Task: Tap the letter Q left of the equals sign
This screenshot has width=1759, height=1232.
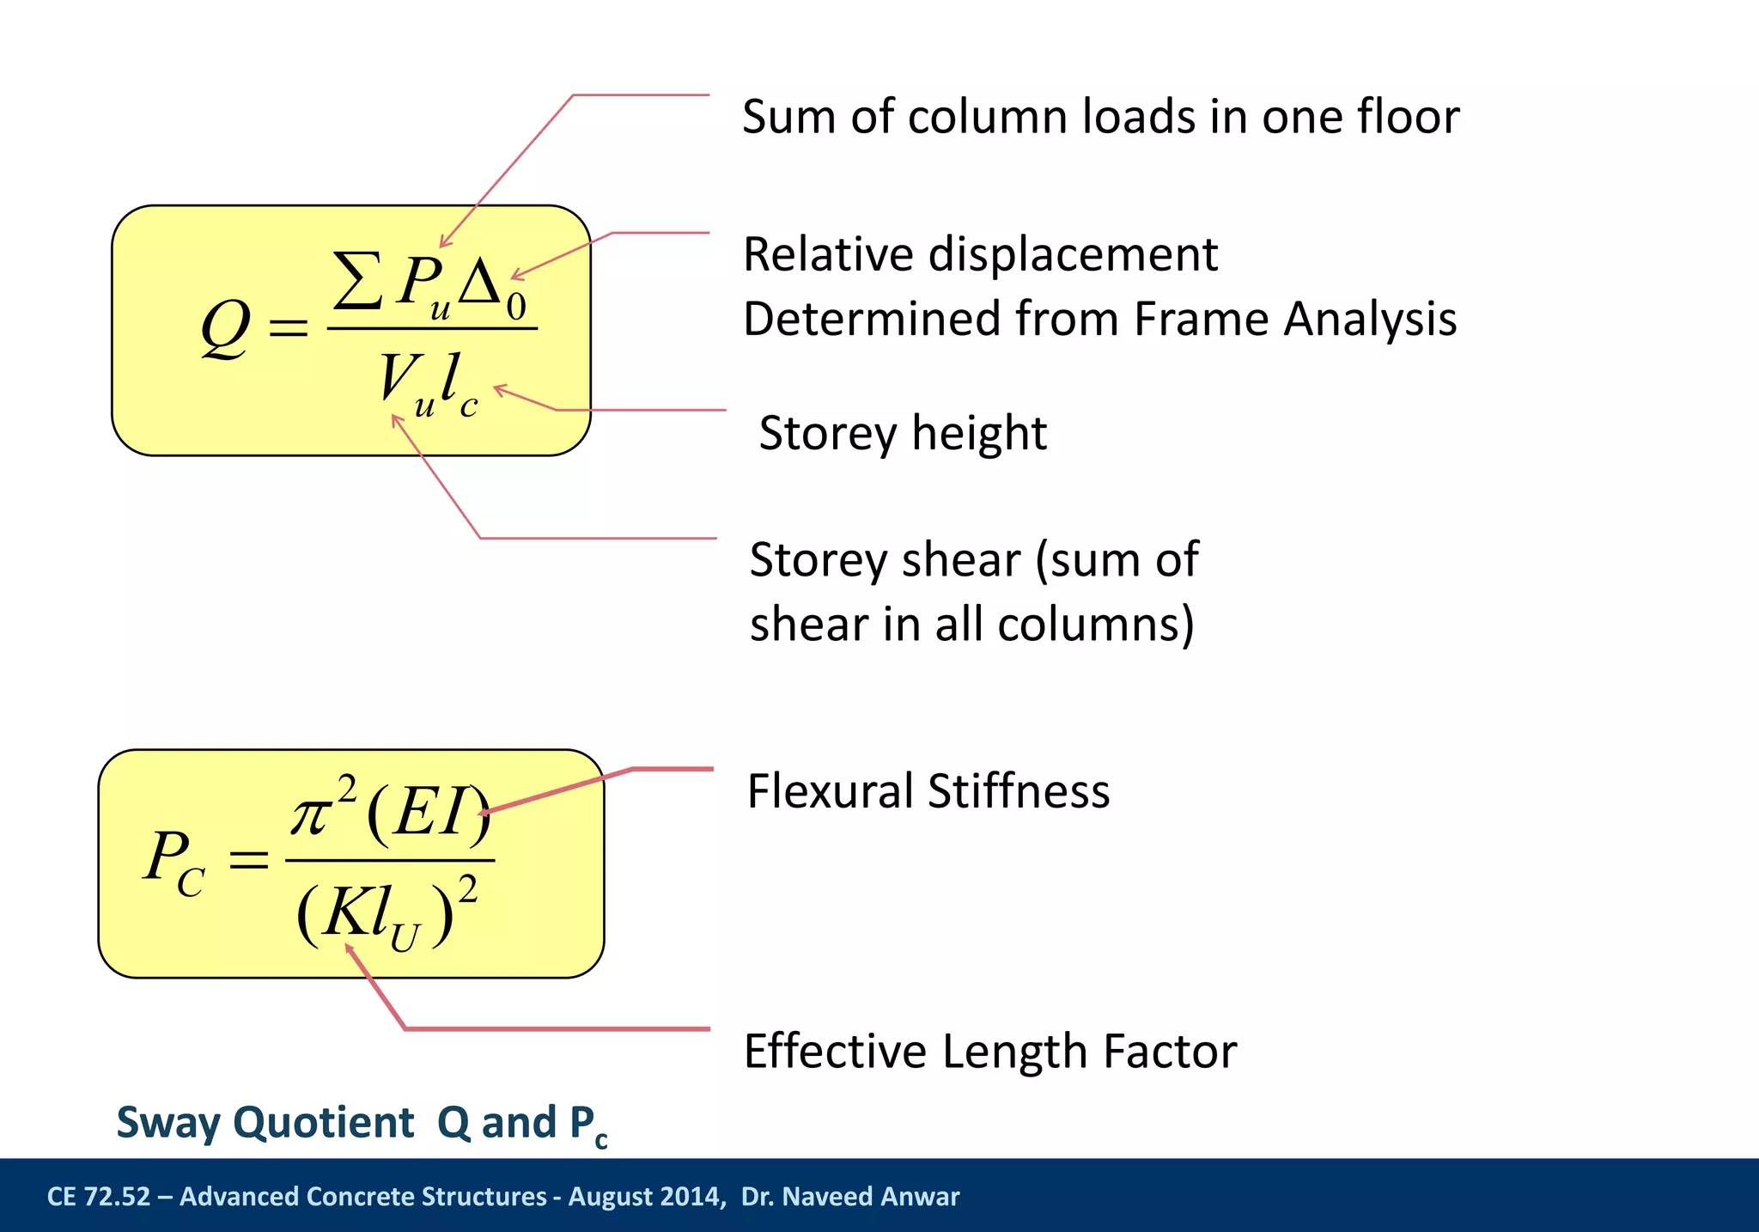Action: click(226, 329)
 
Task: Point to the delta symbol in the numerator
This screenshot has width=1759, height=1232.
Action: click(481, 283)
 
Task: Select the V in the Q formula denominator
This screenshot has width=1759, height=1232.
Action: click(395, 378)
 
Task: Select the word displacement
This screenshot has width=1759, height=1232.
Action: click(1073, 255)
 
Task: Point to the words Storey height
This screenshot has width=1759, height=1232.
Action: click(903, 433)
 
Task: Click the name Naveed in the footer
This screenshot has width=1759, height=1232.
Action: click(819, 1197)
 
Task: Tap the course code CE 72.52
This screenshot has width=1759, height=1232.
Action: click(98, 1197)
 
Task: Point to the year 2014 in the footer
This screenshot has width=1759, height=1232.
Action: click(692, 1197)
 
